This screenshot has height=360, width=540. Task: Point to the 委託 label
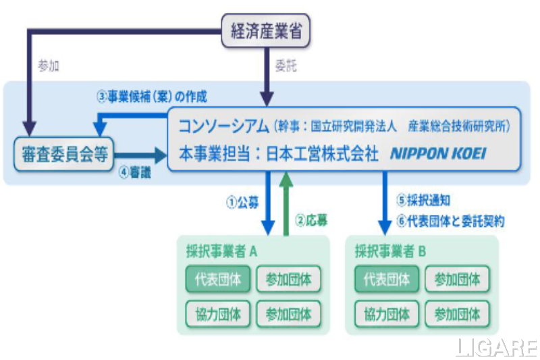(x=284, y=67)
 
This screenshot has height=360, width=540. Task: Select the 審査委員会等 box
(x=61, y=153)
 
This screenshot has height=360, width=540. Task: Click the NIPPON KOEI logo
(x=437, y=154)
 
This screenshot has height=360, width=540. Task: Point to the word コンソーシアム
(x=222, y=126)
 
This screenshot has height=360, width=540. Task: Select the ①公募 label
(x=240, y=201)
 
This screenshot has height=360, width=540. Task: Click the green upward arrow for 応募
(x=286, y=203)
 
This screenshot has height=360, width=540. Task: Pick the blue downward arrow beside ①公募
(x=268, y=203)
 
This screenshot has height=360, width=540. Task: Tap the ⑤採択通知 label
(x=423, y=201)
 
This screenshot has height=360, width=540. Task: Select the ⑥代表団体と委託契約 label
(x=450, y=221)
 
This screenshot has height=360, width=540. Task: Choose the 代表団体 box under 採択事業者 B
(x=386, y=280)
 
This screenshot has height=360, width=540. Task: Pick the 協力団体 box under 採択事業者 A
(x=217, y=313)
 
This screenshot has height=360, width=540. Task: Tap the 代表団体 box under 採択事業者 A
(x=217, y=280)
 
